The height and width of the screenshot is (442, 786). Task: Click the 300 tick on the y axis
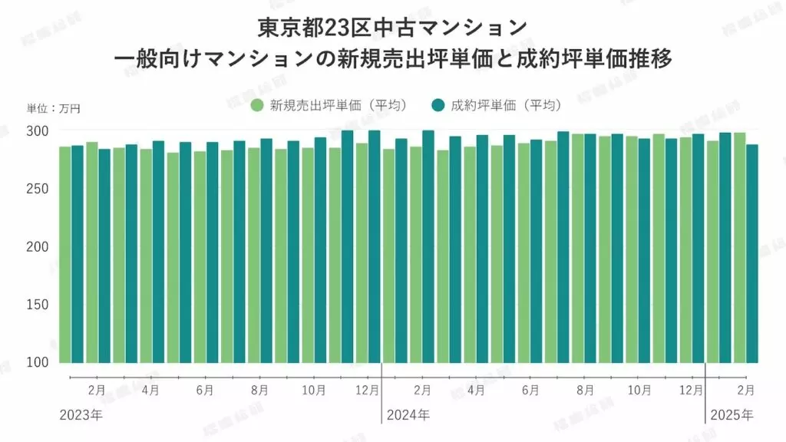38,131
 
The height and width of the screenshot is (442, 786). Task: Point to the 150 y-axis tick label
38,305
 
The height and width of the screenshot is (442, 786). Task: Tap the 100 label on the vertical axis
38,362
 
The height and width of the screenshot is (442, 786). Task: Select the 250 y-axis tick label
38,190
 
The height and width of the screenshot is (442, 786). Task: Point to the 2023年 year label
81,415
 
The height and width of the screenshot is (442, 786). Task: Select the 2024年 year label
408,415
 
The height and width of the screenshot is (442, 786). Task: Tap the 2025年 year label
732,415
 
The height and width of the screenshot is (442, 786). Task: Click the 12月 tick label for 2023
368,391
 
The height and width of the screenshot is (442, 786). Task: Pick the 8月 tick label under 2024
584,391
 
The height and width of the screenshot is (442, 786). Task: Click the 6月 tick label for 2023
205,391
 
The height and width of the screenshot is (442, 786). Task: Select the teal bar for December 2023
374,246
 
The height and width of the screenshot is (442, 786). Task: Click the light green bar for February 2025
739,247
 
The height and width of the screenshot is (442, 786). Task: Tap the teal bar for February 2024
428,246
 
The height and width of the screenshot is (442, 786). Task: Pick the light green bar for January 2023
64,254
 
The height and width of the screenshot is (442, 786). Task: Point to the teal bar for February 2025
752,253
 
